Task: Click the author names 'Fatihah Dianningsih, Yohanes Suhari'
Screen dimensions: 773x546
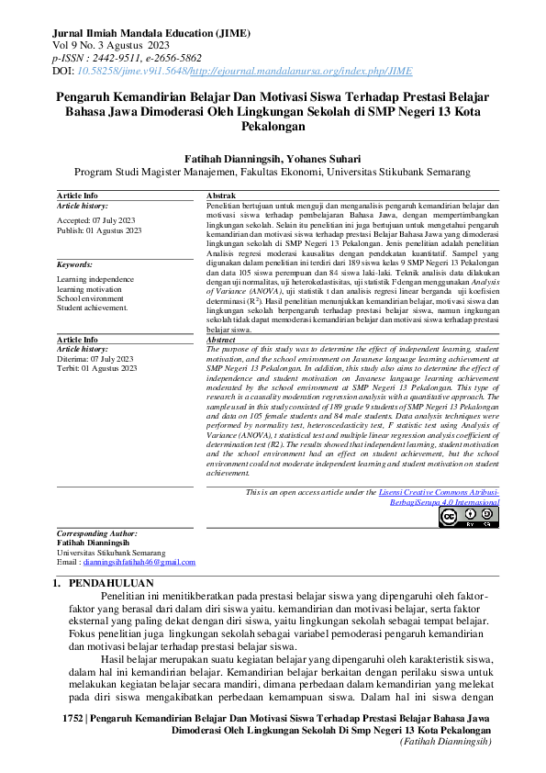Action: (273, 159)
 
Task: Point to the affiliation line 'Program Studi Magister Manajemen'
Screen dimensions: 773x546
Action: (273, 172)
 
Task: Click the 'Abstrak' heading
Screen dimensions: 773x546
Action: (221, 196)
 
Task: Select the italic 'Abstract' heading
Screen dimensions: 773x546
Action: (222, 340)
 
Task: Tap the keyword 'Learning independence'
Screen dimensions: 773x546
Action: (95, 279)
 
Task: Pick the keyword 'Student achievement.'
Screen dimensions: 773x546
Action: (93, 308)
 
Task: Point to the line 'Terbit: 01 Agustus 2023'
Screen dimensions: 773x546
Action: (96, 368)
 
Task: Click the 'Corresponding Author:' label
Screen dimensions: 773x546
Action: (97, 533)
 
